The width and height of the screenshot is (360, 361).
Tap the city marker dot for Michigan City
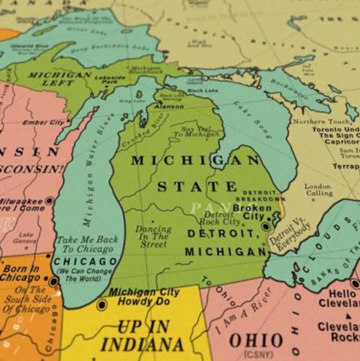(102, 305)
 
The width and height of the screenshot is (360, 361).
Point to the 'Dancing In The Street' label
(154, 236)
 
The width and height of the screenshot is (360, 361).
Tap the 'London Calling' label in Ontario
(319, 190)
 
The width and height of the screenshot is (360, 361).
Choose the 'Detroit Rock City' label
(220, 218)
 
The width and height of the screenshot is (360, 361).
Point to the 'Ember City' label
(44, 123)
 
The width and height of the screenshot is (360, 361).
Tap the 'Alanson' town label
(169, 107)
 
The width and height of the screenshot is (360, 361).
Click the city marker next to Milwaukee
(49, 200)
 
